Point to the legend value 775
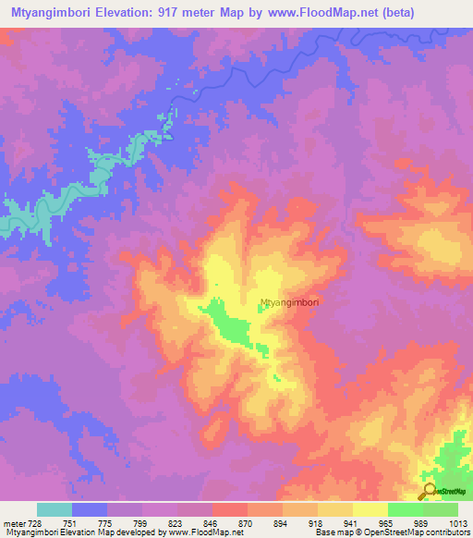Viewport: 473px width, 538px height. (x=106, y=522)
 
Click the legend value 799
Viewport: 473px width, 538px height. (x=141, y=522)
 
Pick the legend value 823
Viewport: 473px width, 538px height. (x=176, y=522)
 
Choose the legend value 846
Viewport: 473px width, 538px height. (x=212, y=522)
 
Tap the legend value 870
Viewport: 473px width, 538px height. (x=247, y=522)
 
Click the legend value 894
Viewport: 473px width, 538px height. (x=282, y=522)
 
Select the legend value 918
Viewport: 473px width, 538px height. (x=317, y=522)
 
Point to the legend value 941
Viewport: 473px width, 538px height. (x=352, y=522)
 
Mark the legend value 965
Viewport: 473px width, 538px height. (x=387, y=522)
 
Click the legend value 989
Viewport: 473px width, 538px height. (x=422, y=522)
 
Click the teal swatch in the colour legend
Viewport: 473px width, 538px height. (x=55, y=509)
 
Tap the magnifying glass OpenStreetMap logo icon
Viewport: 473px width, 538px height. (x=429, y=490)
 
